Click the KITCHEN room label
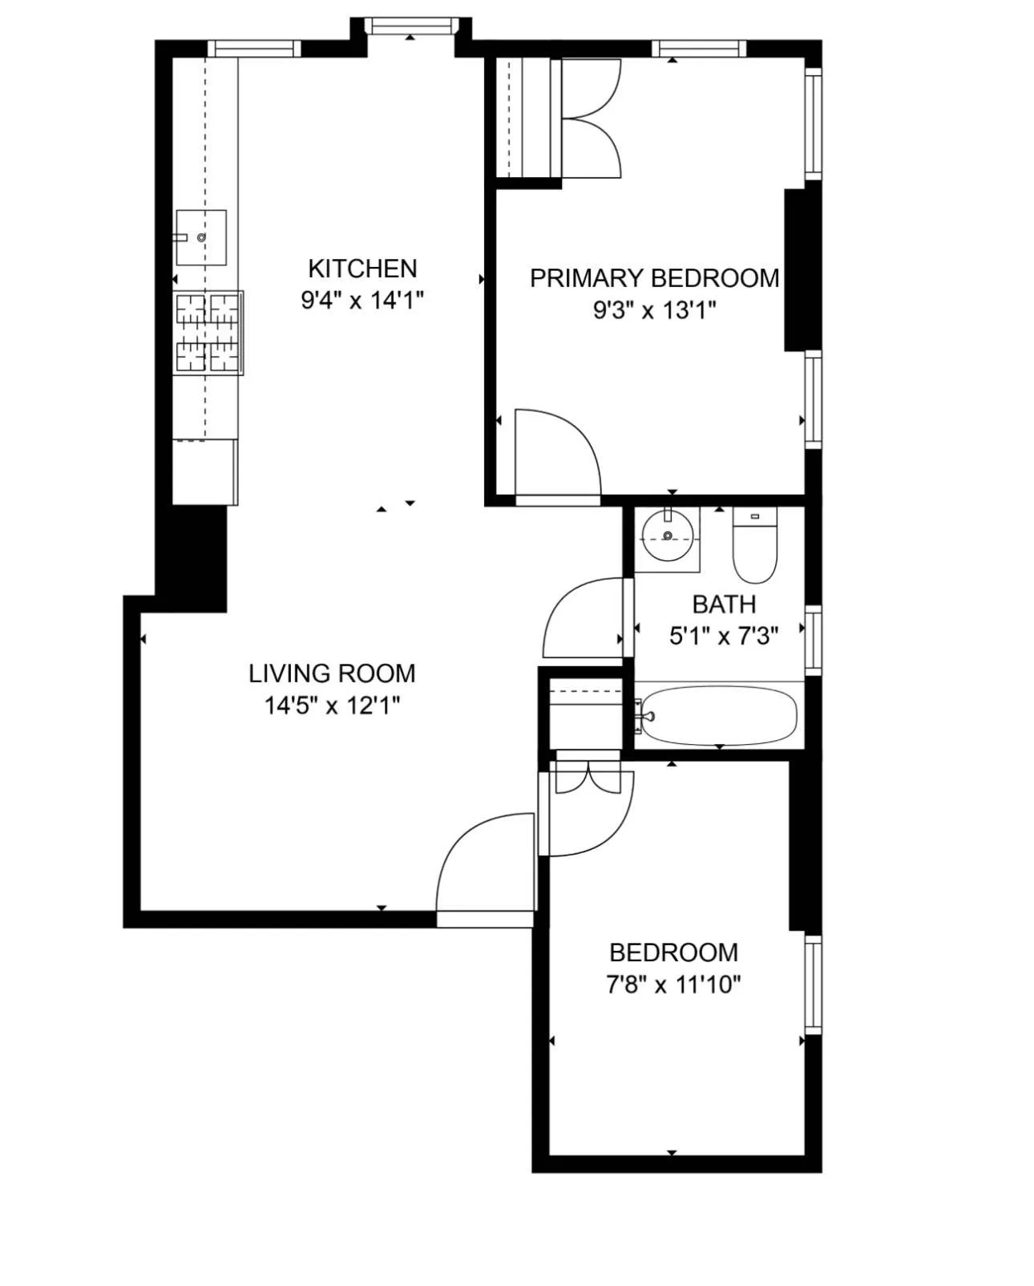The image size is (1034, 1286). tap(362, 268)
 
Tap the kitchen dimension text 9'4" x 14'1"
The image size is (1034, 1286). tap(362, 301)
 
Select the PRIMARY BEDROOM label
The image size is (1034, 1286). tap(654, 278)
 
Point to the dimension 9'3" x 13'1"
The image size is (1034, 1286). tap(654, 310)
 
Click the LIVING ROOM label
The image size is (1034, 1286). tap(332, 673)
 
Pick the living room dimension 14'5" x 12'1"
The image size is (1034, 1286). tap(332, 706)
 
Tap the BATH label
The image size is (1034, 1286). tap(724, 604)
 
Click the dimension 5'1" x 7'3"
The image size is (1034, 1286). tap(724, 637)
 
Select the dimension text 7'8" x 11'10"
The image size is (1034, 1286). tap(673, 984)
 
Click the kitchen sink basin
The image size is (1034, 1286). tap(201, 237)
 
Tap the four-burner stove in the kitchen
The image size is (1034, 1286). tap(208, 333)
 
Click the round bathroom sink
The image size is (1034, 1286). tap(668, 536)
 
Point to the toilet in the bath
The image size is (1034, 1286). tap(755, 548)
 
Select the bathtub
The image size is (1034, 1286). tap(720, 715)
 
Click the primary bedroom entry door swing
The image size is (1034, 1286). tap(556, 453)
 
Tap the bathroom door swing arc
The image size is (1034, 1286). tap(584, 618)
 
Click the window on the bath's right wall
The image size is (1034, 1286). tap(813, 639)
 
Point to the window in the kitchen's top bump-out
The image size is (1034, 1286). tap(410, 26)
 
